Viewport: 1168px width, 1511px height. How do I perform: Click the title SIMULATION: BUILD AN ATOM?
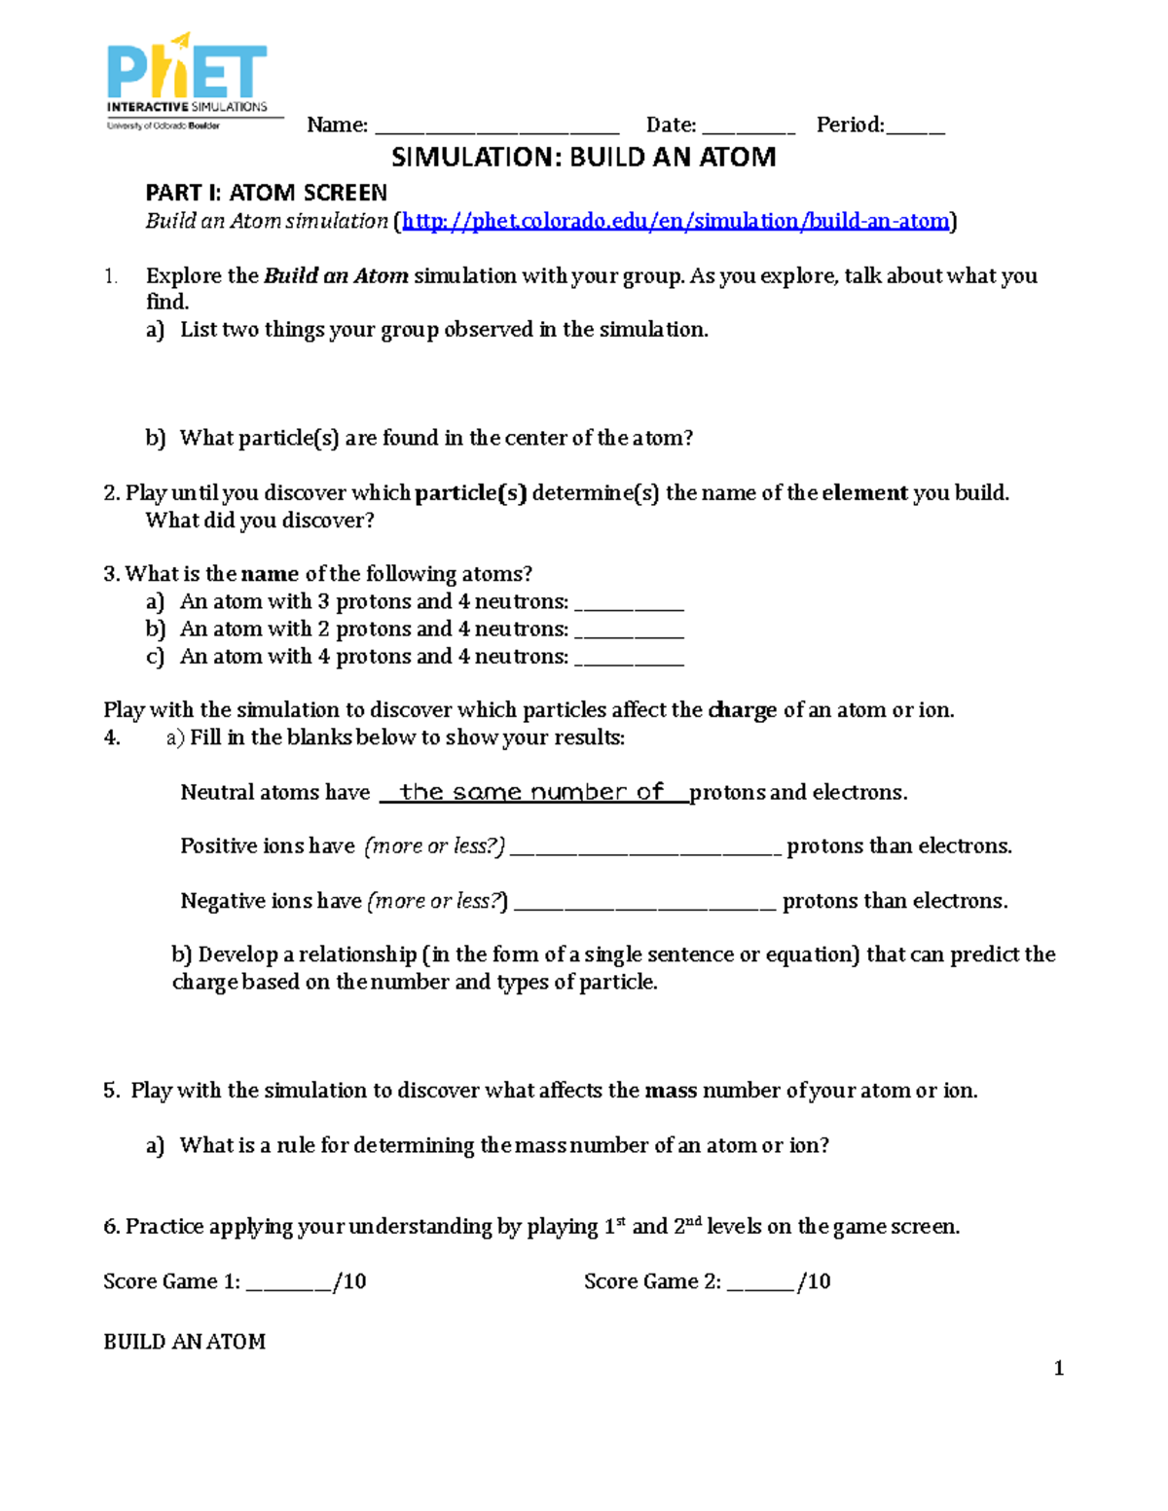pyautogui.click(x=584, y=158)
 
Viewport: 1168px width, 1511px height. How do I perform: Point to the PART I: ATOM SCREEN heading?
pyautogui.click(x=267, y=193)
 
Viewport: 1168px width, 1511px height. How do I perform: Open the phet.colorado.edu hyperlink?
pyautogui.click(x=675, y=221)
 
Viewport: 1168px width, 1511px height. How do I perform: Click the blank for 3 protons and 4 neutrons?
pyautogui.click(x=630, y=605)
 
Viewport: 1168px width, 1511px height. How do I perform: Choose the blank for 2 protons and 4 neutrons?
pyautogui.click(x=630, y=632)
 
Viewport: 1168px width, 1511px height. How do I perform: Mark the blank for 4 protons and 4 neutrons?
pyautogui.click(x=630, y=660)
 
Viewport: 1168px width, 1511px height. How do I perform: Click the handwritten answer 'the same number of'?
pyautogui.click(x=531, y=792)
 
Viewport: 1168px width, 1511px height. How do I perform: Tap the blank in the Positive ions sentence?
pyautogui.click(x=645, y=849)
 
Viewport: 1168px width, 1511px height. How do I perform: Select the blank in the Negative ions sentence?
pyautogui.click(x=645, y=905)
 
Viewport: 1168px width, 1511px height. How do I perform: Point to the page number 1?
pyautogui.click(x=1059, y=1369)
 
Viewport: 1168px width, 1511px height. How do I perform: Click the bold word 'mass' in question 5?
pyautogui.click(x=671, y=1091)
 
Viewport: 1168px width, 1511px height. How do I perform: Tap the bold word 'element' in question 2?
pyautogui.click(x=864, y=493)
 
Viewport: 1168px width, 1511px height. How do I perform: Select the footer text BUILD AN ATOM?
pyautogui.click(x=185, y=1342)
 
